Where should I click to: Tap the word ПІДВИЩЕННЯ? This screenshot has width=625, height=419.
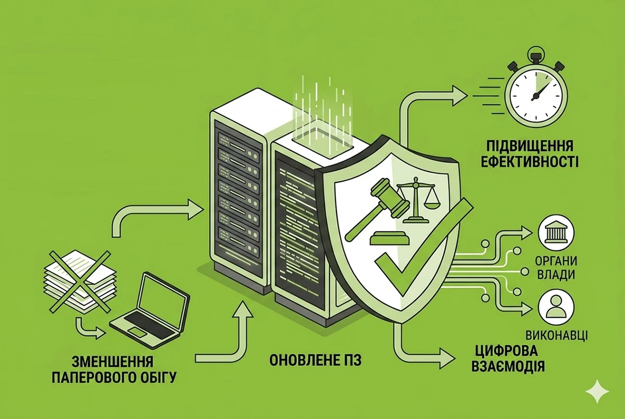530,146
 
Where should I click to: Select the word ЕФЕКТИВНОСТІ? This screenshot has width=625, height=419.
530,162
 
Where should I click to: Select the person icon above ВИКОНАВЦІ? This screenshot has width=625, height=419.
556,308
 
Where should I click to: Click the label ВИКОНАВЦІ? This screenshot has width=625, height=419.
557,335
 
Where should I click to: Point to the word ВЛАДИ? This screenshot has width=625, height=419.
556,275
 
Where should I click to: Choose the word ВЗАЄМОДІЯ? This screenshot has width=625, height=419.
508,366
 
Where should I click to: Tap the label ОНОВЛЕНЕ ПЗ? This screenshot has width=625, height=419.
315,360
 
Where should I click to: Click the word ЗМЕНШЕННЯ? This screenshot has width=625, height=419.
113,362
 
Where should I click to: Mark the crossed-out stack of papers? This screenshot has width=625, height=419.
80,281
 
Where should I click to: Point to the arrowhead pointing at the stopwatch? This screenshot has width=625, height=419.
459,96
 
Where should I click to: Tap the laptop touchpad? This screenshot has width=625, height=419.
136,332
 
